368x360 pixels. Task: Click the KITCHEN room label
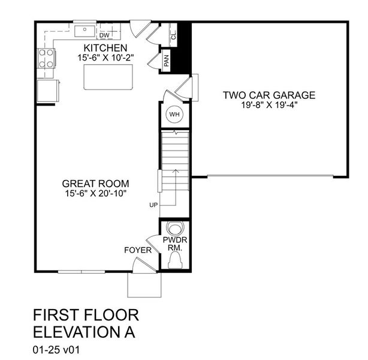click(x=105, y=48)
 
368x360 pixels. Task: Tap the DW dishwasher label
click(x=104, y=35)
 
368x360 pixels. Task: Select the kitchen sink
click(x=85, y=31)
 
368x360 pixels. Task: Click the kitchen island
click(x=108, y=77)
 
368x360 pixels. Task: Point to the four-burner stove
click(x=47, y=58)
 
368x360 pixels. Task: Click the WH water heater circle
click(x=174, y=115)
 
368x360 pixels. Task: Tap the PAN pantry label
click(x=167, y=61)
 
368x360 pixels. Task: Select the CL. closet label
click(x=174, y=35)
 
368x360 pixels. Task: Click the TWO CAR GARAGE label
click(x=269, y=95)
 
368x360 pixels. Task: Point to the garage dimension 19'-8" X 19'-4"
click(x=270, y=105)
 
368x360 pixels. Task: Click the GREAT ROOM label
click(x=95, y=184)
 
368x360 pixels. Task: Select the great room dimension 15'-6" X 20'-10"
click(x=96, y=193)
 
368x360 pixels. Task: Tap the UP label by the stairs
click(x=153, y=205)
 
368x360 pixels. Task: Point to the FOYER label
click(x=138, y=250)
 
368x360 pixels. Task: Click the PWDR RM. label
click(x=175, y=244)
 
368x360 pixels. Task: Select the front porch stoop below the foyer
click(x=144, y=285)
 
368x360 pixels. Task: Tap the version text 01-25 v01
click(x=56, y=350)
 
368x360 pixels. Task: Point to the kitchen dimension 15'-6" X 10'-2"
click(x=105, y=58)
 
